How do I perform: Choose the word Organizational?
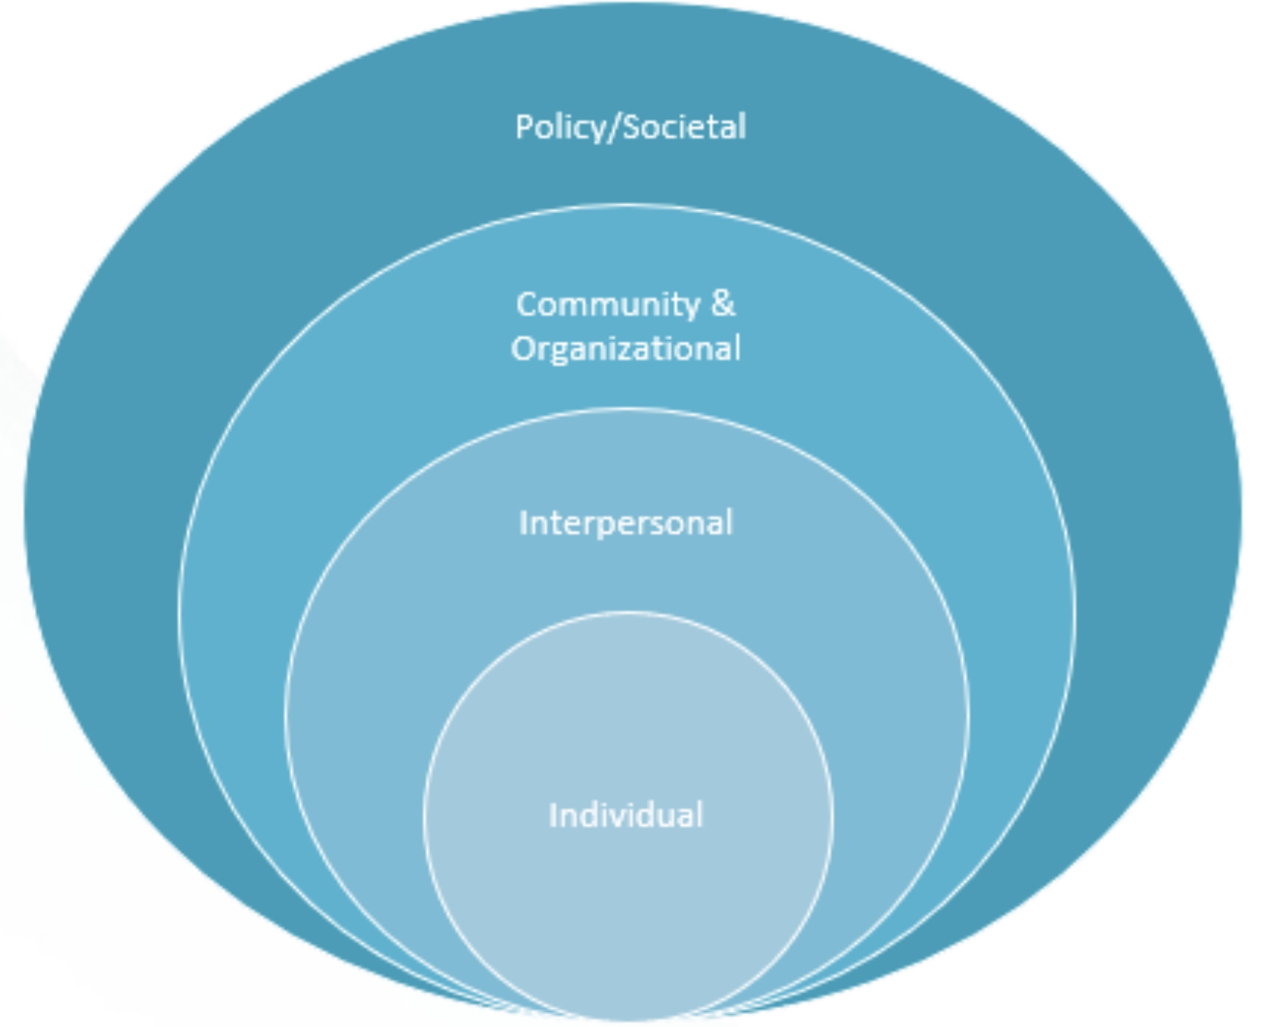pyautogui.click(x=625, y=349)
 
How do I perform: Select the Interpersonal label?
pyautogui.click(x=625, y=523)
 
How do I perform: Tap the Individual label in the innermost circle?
pyautogui.click(x=625, y=815)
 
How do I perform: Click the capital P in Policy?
pyautogui.click(x=523, y=126)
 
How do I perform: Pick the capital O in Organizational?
pyautogui.click(x=523, y=349)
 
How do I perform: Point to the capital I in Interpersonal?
pyautogui.click(x=523, y=523)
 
